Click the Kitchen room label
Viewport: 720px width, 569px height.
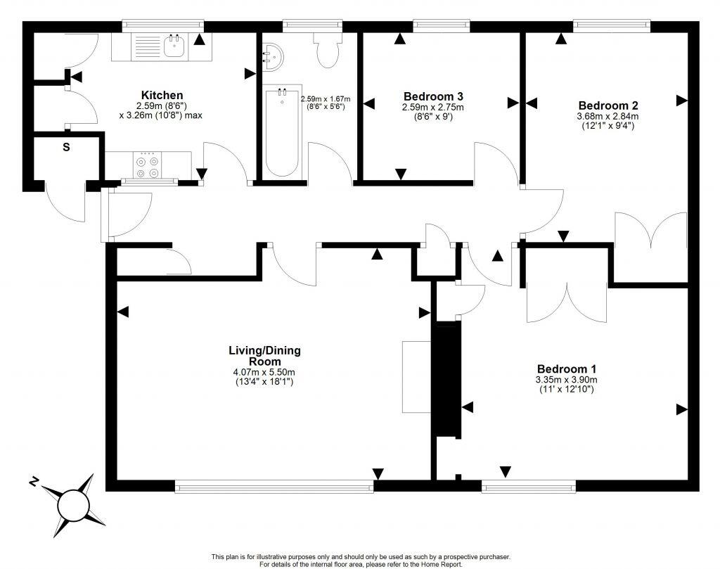click(x=162, y=95)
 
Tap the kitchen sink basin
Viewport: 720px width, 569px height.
click(x=174, y=47)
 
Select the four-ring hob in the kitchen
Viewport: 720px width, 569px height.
click(x=148, y=166)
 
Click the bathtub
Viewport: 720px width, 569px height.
click(x=281, y=134)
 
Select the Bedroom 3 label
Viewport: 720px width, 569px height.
click(x=433, y=96)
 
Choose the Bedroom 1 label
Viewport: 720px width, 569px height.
click(x=567, y=369)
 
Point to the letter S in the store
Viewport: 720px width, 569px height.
click(x=66, y=147)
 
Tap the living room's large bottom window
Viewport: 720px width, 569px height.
click(x=274, y=485)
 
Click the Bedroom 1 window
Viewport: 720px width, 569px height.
click(x=528, y=485)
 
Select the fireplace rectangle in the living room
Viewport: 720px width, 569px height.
click(x=416, y=377)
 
